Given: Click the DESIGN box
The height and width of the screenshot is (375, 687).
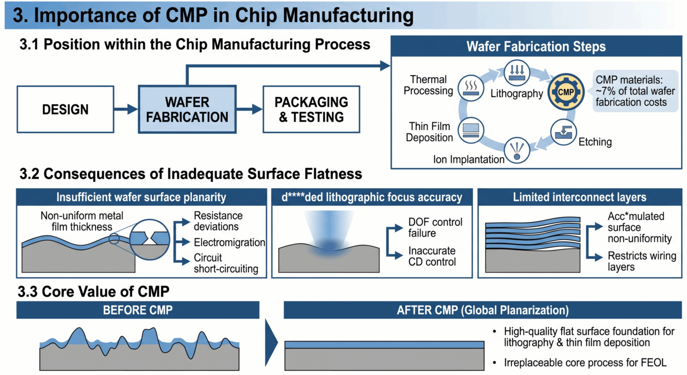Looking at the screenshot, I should point(66,109).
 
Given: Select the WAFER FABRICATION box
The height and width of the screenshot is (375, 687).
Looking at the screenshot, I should point(187,109).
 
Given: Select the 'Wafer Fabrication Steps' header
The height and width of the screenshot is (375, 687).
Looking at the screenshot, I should point(536,47).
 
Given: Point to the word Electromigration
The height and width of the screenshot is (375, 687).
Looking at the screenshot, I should point(229,242).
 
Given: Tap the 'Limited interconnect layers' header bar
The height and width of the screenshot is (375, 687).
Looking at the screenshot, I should point(579,197).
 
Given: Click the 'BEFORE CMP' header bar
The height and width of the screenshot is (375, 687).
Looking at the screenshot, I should point(137,310).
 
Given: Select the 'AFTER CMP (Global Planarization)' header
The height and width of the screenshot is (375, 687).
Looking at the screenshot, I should point(482,310).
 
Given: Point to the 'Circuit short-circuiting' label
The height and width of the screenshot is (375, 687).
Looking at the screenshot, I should point(226,263).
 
